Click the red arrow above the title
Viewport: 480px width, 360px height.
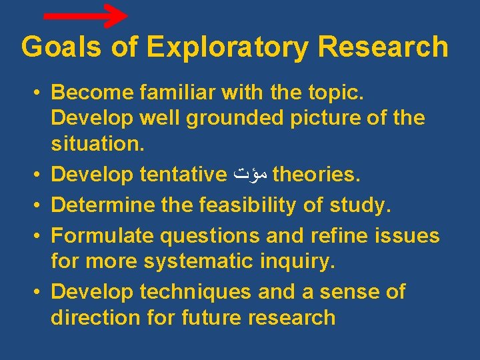(85, 15)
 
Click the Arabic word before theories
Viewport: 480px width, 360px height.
(251, 175)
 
